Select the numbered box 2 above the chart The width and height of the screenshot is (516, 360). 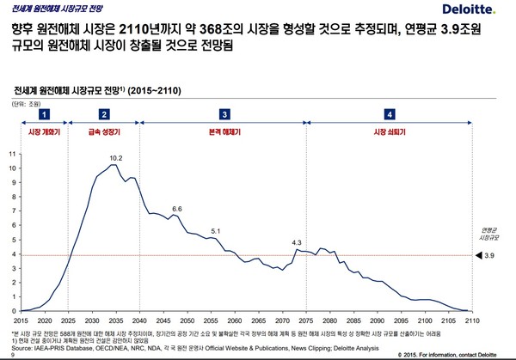tap(104, 113)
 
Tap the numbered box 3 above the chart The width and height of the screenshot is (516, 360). tap(224, 113)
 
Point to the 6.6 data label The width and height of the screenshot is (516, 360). tap(177, 209)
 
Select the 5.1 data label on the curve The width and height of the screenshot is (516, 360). tap(216, 231)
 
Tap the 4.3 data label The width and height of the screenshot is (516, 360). tap(298, 243)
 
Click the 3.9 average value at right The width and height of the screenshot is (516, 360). tap(490, 256)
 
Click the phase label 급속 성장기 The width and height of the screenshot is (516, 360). tap(104, 132)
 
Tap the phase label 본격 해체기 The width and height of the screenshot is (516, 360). tap(224, 132)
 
